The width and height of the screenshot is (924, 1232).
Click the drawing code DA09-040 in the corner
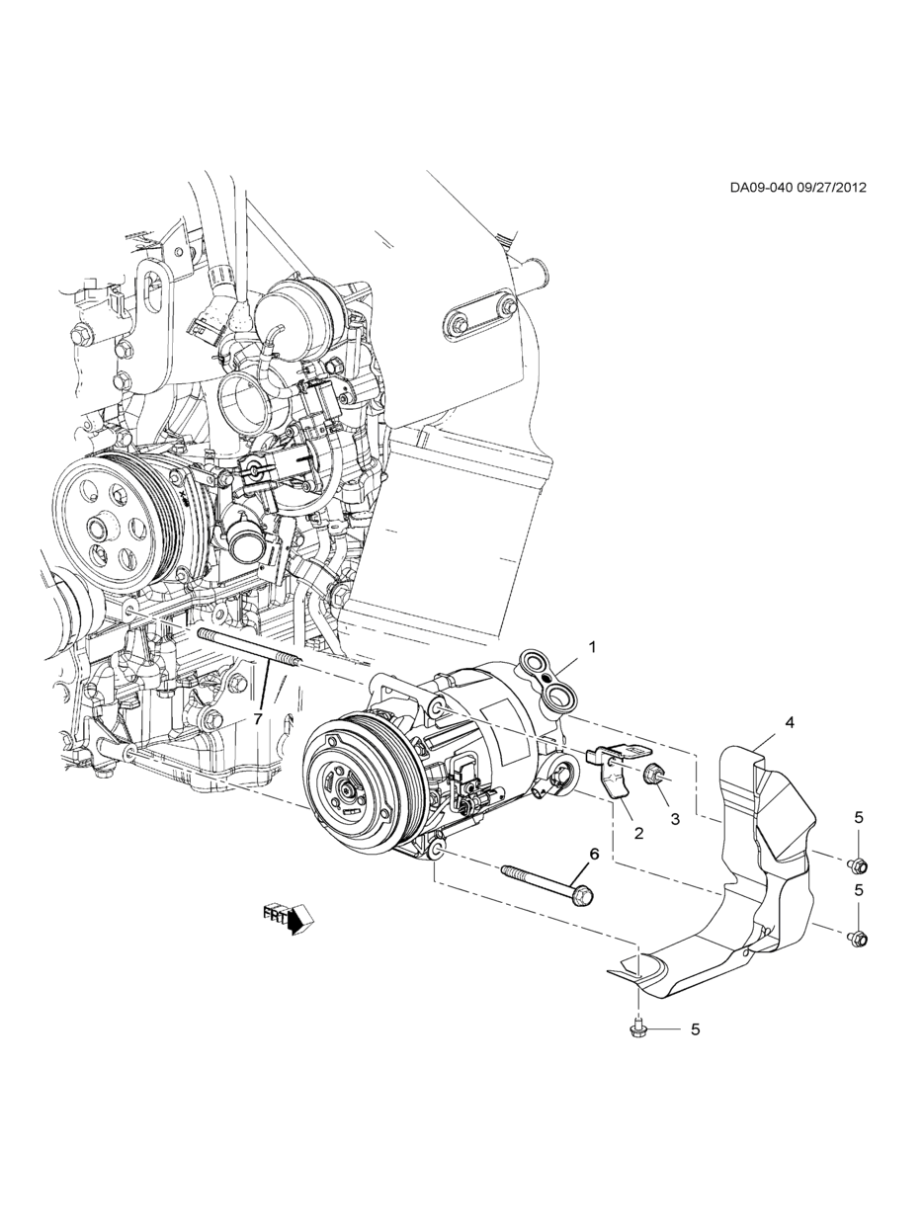[761, 188]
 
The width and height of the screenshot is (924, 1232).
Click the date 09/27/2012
[831, 188]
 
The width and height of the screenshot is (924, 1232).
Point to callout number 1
[592, 646]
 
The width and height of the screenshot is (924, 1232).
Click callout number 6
[595, 869]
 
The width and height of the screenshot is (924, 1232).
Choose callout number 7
[258, 718]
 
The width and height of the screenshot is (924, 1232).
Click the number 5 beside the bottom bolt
[696, 1029]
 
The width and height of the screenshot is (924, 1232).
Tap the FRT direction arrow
[288, 921]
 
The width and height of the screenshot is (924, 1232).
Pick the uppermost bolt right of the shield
[858, 867]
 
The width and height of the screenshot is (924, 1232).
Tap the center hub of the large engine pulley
[99, 527]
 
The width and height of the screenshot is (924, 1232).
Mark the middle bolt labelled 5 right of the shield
[858, 937]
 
